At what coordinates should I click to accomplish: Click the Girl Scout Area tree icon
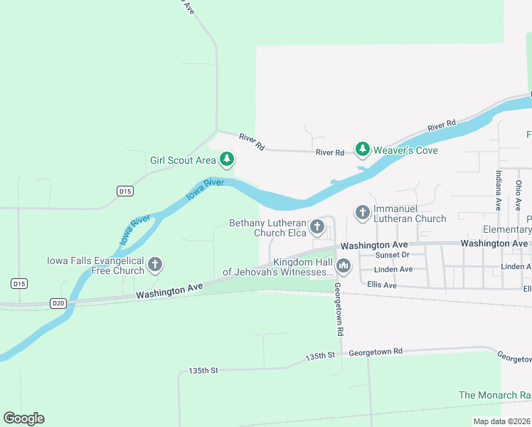227,159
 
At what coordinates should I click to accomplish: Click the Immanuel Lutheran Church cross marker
362,212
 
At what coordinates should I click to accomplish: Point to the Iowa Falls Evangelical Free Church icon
155,265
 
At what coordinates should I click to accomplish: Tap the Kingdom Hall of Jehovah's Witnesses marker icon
344,266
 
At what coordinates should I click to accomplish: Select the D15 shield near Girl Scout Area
125,191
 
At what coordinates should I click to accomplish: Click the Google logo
23,418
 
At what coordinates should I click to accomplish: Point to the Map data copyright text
501,421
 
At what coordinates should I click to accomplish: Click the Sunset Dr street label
393,255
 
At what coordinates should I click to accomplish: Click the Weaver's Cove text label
407,150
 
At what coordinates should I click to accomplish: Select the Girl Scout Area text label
183,160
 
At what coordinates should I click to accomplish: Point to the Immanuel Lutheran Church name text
401,219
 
